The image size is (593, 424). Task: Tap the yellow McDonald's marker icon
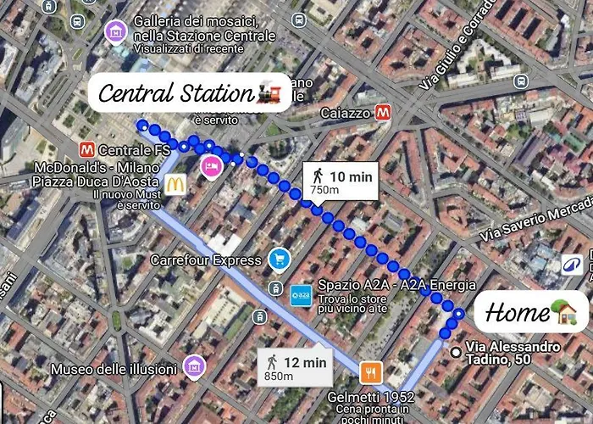175,184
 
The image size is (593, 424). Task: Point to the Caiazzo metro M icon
384,112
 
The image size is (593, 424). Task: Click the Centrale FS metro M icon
85,150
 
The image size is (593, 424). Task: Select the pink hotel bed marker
207,167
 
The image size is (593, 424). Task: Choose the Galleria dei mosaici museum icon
114,31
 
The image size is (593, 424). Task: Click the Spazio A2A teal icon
301,294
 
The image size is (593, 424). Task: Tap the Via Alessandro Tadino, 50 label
513,354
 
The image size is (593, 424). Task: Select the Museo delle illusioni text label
114,370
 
